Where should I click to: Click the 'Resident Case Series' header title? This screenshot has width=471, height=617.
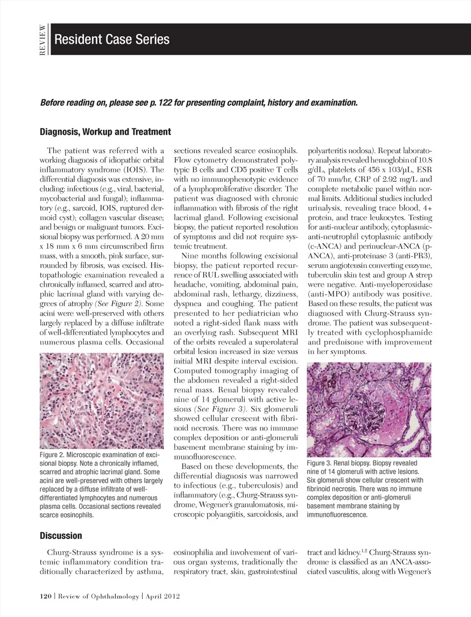(112, 39)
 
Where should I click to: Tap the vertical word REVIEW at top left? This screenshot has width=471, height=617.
(43, 40)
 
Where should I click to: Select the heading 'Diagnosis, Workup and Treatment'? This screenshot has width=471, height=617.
(105, 132)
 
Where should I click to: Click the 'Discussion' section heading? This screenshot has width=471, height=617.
(61, 535)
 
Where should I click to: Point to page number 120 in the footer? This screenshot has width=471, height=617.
(46, 596)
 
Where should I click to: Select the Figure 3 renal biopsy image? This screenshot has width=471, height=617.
(368, 409)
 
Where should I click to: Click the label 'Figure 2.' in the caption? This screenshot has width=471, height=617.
(52, 455)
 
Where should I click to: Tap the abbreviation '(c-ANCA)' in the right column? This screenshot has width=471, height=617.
(324, 246)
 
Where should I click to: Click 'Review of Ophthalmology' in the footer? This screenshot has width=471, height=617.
(98, 596)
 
